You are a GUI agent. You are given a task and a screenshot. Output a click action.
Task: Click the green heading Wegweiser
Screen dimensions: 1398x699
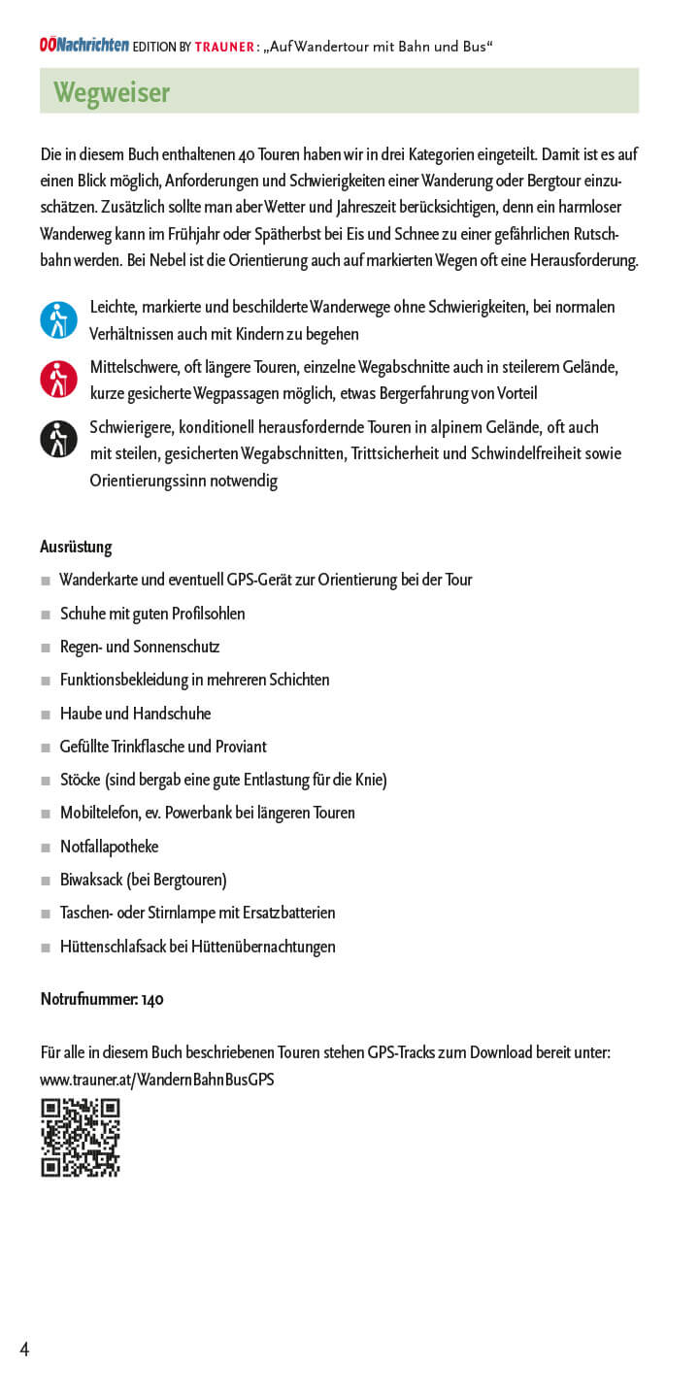[x=111, y=92]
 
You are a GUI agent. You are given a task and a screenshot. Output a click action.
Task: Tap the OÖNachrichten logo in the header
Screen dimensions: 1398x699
[x=84, y=45]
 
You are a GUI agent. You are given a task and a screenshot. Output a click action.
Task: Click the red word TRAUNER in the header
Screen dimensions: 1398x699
[x=224, y=46]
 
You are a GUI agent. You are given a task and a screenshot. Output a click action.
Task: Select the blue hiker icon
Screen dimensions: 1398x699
[x=58, y=319]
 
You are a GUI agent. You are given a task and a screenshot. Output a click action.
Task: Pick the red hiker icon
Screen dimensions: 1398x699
[x=58, y=379]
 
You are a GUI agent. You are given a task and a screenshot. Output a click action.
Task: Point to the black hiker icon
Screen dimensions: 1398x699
[x=58, y=439]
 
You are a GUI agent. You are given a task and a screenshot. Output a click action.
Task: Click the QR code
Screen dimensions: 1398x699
[x=80, y=1138]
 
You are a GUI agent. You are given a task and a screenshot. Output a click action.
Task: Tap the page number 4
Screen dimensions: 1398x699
[x=24, y=1349]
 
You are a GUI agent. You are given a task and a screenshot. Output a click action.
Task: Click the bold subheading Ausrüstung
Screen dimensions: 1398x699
[x=76, y=547]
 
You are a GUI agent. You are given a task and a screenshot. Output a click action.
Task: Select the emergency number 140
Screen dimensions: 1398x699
[x=152, y=999]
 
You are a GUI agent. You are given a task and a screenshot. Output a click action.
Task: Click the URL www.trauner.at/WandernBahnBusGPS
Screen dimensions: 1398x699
[x=156, y=1079]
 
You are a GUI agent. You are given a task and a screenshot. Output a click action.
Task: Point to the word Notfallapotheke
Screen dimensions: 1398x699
[x=109, y=847]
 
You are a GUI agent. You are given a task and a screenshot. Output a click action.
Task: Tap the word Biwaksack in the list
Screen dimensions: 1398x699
[x=91, y=880]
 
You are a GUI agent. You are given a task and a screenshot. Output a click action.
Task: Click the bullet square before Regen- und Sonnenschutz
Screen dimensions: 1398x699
[x=46, y=648]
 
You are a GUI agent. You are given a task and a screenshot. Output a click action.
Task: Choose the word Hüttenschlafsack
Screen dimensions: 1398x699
[x=113, y=947]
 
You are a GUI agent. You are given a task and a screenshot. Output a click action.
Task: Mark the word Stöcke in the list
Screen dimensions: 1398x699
[x=81, y=780]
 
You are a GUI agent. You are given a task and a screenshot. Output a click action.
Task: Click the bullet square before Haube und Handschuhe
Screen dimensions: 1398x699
[x=46, y=715]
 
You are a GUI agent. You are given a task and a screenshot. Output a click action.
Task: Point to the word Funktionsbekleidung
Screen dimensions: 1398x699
[x=136, y=680]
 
